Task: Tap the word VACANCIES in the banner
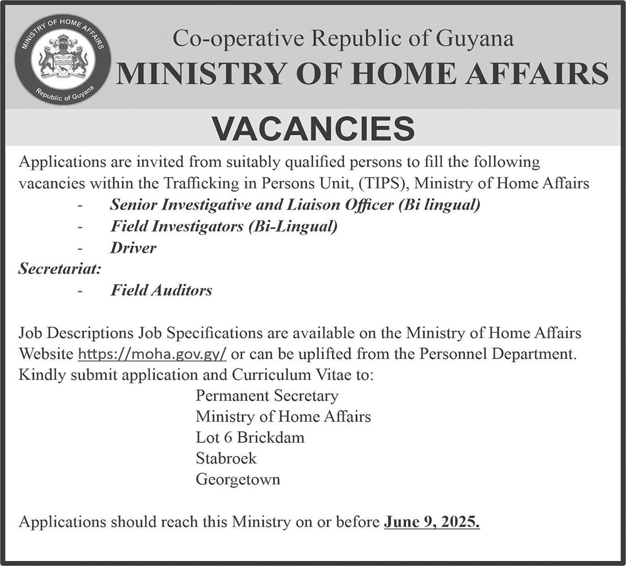(x=314, y=128)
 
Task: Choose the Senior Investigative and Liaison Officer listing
(x=295, y=205)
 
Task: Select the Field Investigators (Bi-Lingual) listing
(x=224, y=226)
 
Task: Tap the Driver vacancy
(x=133, y=248)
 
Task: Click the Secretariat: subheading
(x=59, y=269)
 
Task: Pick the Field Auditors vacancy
(x=161, y=290)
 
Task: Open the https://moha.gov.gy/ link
(x=152, y=354)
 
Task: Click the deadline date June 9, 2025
(x=432, y=521)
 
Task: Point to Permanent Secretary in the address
(x=267, y=395)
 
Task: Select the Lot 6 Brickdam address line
(x=250, y=438)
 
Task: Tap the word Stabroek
(x=226, y=458)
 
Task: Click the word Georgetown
(x=238, y=479)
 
